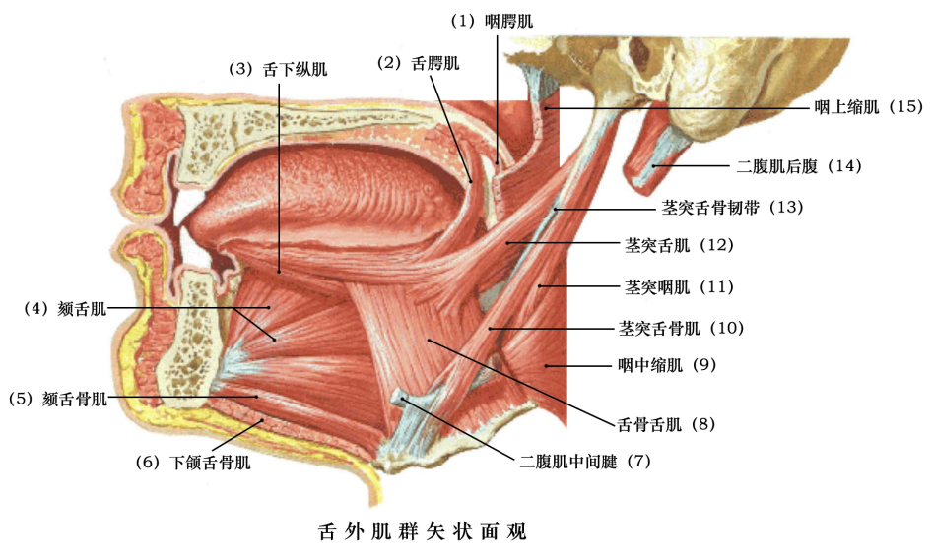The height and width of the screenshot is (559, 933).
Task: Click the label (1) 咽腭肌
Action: (x=495, y=20)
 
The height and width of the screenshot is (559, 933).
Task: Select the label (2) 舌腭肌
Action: (x=420, y=63)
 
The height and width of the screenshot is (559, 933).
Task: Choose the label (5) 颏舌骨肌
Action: (x=57, y=399)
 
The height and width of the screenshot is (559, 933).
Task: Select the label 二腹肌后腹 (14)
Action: (x=799, y=166)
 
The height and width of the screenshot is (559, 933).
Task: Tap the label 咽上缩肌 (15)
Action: (x=867, y=106)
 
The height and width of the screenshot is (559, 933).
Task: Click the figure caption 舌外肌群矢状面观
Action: (x=424, y=531)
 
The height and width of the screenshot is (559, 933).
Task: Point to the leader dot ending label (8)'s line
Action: (x=429, y=340)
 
